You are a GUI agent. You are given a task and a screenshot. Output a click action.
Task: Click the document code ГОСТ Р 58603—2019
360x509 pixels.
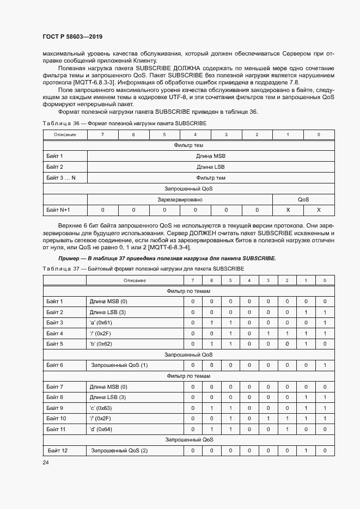coord(72,36)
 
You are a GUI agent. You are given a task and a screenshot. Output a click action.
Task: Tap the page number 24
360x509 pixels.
coord(46,462)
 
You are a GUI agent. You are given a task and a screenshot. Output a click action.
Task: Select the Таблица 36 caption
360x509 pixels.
coord(124,124)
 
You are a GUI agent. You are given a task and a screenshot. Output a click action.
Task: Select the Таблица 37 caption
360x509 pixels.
coord(143,269)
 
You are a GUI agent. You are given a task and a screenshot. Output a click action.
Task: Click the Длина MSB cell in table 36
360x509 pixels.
coord(211,156)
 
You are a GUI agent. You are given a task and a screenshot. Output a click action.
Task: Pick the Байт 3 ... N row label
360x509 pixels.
coord(61,178)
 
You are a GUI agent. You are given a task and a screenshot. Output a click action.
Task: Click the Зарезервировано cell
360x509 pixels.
coord(180,200)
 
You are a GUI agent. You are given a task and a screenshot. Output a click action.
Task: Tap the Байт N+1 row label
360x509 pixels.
coord(58,210)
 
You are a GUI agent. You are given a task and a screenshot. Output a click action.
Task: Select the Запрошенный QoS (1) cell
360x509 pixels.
coord(119,365)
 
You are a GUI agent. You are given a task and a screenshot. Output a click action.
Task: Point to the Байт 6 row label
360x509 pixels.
coord(55,365)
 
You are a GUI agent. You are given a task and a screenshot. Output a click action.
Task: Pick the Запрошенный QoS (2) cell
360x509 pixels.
coord(119,451)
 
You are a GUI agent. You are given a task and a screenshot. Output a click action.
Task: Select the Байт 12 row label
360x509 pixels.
coord(57,451)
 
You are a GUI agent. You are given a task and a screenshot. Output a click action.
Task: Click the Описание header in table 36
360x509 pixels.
coord(65,134)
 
